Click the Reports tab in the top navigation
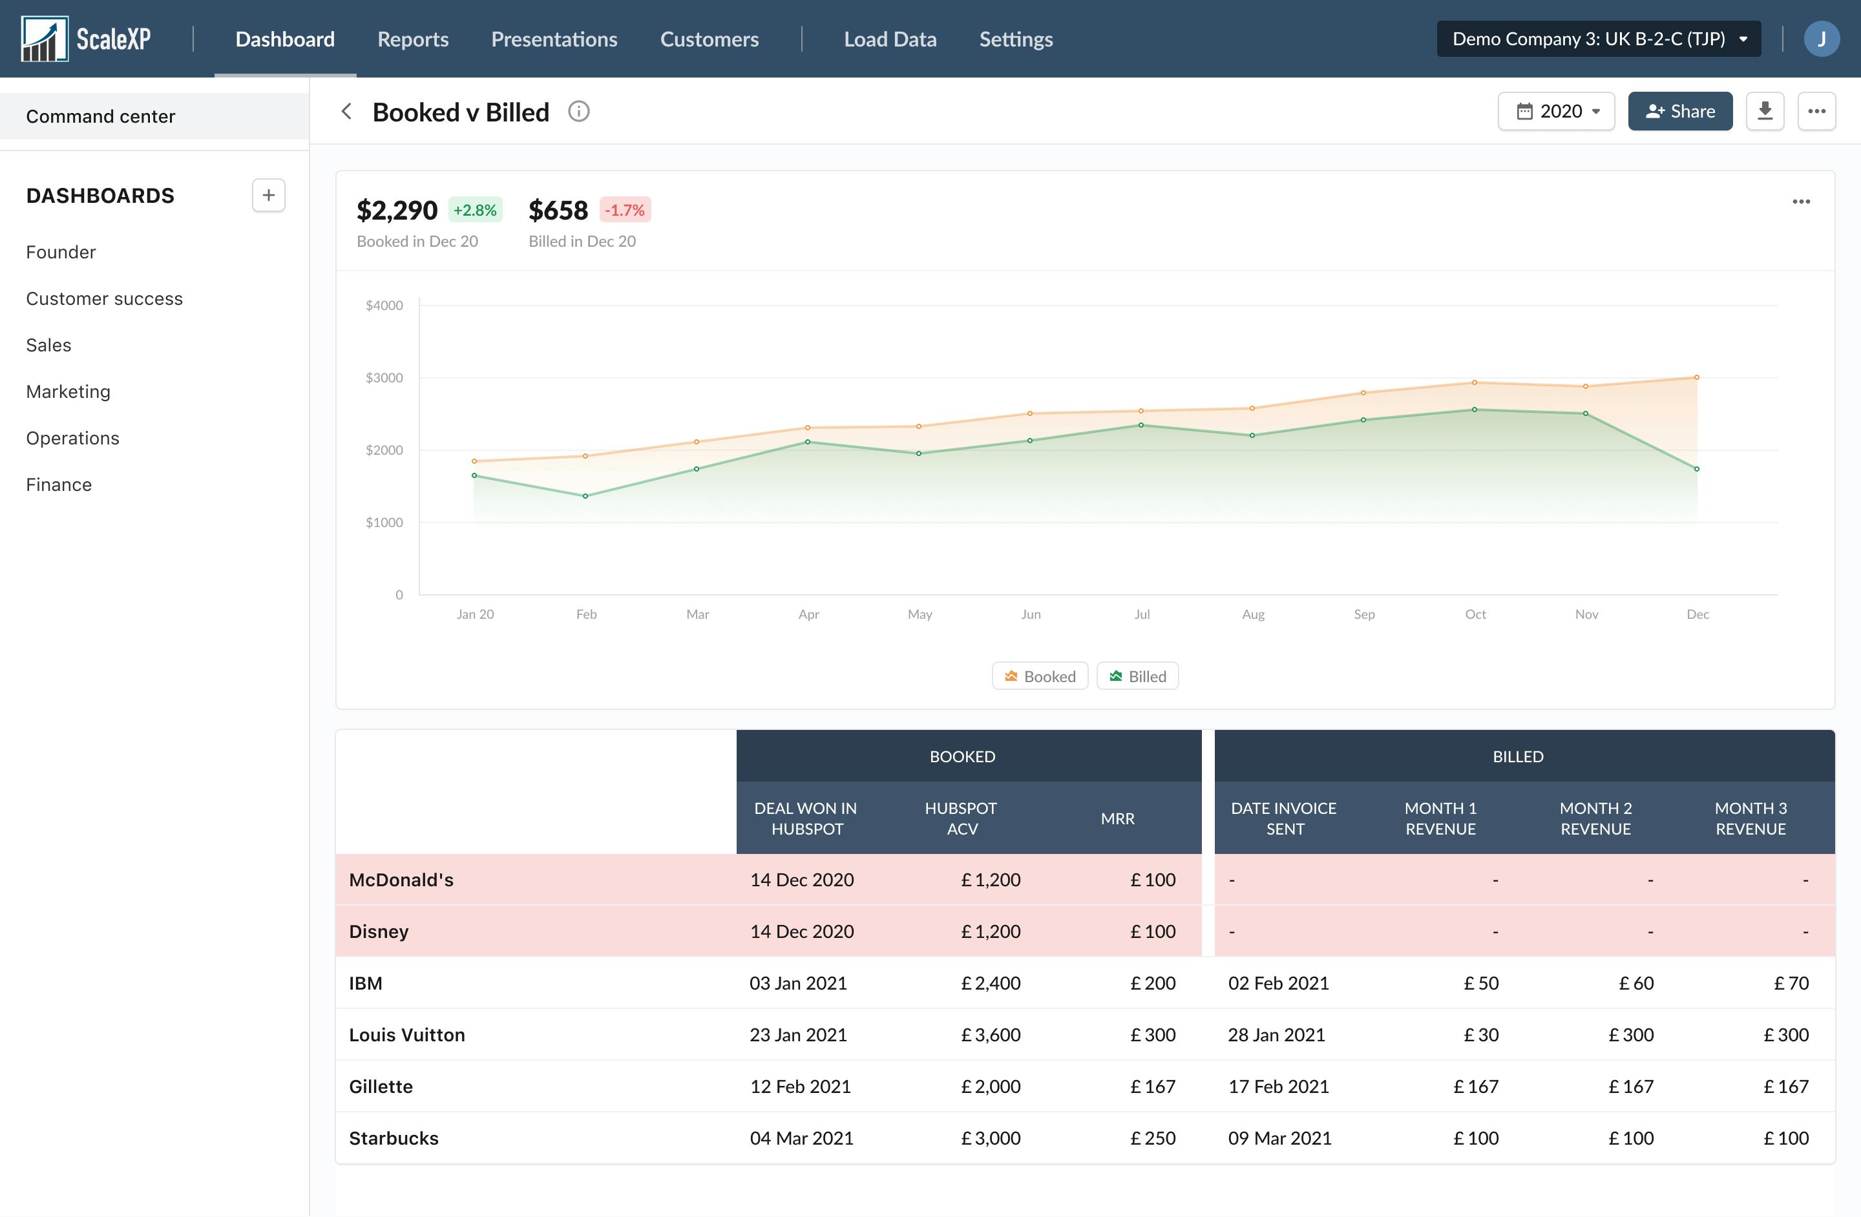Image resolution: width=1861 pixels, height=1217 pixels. (x=413, y=39)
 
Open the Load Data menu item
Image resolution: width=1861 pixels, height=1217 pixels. (x=890, y=39)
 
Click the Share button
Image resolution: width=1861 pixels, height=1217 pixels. (x=1679, y=111)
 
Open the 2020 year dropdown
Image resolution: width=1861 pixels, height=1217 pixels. (x=1556, y=111)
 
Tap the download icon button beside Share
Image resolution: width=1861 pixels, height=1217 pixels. (x=1765, y=111)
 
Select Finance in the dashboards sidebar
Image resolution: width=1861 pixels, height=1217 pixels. (x=59, y=484)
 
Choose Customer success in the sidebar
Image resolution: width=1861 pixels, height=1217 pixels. (x=104, y=298)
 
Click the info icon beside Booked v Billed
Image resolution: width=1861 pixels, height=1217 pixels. (x=578, y=112)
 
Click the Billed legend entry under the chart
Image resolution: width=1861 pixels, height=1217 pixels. (x=1138, y=676)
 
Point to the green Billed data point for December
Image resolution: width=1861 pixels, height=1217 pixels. (x=1697, y=469)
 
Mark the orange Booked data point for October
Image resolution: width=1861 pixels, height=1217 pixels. (x=1475, y=382)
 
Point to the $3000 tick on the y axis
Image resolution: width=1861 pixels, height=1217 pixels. (x=384, y=377)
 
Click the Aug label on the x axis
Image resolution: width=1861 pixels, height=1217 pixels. (x=1253, y=614)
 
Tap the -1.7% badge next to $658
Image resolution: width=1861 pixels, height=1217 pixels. (x=625, y=209)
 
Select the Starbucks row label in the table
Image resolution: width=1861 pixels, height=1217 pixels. (x=394, y=1138)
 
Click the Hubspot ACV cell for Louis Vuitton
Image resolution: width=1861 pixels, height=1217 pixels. (x=990, y=1035)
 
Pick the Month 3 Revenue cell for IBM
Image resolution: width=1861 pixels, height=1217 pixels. (x=1790, y=983)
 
